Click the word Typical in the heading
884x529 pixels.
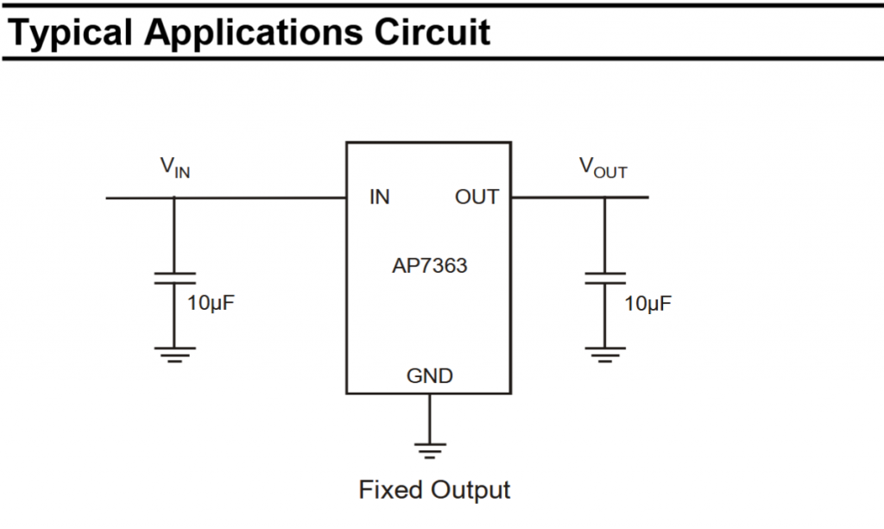pos(69,32)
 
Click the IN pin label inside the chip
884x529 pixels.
pos(379,198)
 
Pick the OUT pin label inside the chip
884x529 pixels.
pos(477,198)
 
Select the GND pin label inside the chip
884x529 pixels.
pos(429,376)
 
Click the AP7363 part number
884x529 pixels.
pos(429,265)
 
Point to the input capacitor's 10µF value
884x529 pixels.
pos(212,304)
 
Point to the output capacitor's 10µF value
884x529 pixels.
pos(647,304)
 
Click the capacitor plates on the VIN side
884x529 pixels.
pos(174,278)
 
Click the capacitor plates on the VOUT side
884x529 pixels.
pos(604,278)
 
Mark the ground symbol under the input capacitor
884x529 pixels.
pos(174,354)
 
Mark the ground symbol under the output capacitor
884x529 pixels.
pos(604,354)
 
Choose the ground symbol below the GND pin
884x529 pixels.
pos(429,448)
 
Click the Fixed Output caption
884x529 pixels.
pos(434,490)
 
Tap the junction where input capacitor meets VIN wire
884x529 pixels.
pos(174,198)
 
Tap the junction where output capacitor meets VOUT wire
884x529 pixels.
pos(604,198)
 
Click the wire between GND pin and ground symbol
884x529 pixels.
pos(429,418)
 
